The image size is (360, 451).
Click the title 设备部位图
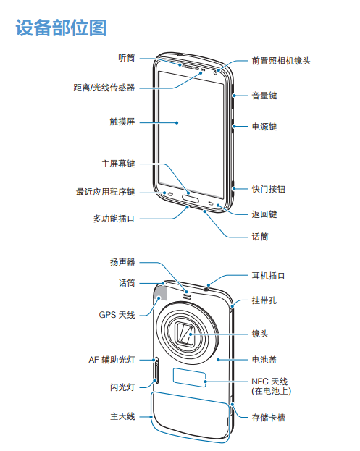click(x=61, y=28)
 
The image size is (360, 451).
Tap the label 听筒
click(x=127, y=58)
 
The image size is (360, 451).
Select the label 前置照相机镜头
click(x=281, y=61)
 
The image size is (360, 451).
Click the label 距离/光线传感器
click(x=104, y=88)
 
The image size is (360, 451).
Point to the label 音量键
click(x=264, y=96)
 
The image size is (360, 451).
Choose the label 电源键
click(x=264, y=126)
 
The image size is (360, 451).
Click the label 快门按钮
click(x=269, y=189)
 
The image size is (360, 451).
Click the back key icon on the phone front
click(x=211, y=203)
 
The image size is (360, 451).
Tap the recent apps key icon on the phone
click(x=169, y=194)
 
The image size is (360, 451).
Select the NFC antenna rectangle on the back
click(x=189, y=377)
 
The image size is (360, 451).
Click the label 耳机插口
click(x=269, y=276)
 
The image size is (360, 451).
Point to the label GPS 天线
click(x=117, y=315)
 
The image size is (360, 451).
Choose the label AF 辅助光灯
click(x=112, y=360)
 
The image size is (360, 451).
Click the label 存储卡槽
click(x=269, y=418)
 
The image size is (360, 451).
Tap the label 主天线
click(x=122, y=416)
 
